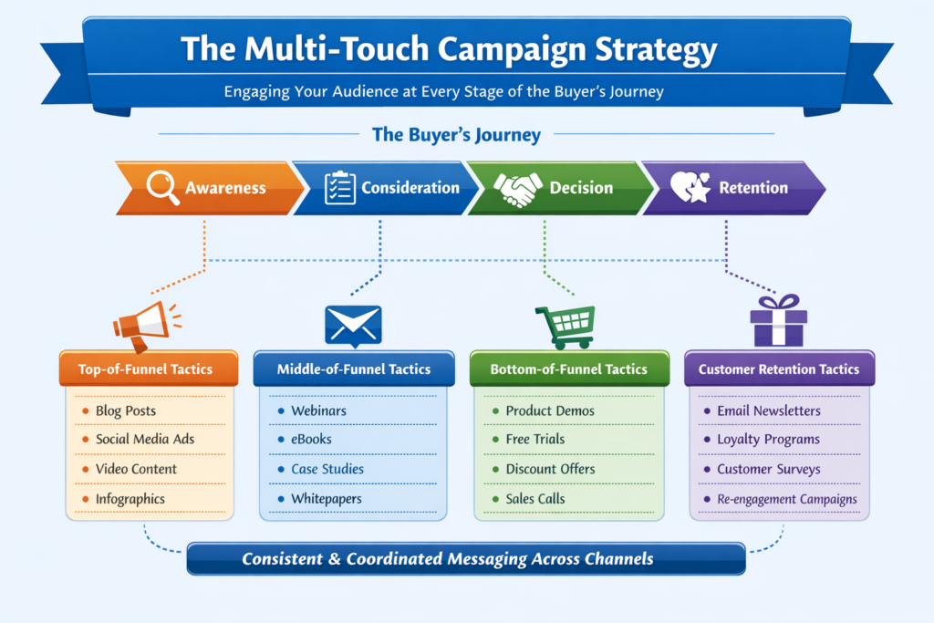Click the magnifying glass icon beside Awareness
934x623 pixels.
(x=161, y=186)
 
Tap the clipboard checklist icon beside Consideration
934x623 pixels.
(x=340, y=188)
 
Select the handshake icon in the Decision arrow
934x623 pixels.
(x=518, y=189)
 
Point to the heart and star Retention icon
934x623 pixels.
(x=690, y=187)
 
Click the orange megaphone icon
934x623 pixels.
(x=146, y=326)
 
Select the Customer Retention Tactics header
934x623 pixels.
(x=779, y=369)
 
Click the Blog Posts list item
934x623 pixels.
(x=126, y=410)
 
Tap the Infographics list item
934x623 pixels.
(x=130, y=499)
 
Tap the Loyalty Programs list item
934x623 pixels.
(x=768, y=440)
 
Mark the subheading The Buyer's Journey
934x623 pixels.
(x=456, y=135)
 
